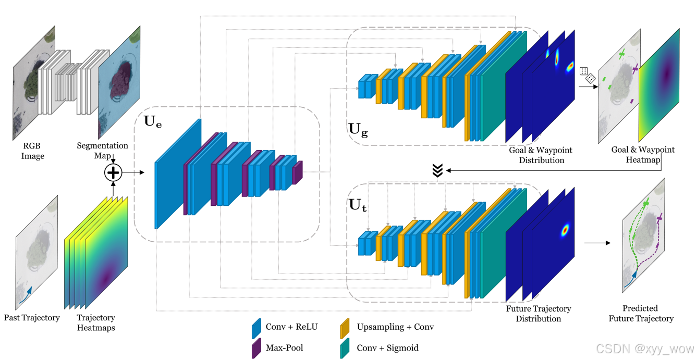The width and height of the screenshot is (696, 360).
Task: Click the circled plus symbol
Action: pos(113,172)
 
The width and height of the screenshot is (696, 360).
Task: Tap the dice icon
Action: pos(588,75)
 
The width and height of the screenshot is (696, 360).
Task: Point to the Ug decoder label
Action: pos(358,130)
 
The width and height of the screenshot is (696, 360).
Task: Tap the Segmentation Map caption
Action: pos(102,151)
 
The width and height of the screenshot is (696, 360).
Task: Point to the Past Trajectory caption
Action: pos(32,318)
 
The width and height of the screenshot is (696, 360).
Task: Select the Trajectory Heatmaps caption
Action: pos(96,322)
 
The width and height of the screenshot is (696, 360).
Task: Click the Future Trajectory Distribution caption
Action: pos(539,314)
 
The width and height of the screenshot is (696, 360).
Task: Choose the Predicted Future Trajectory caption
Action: pos(641,313)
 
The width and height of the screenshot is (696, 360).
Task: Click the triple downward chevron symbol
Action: pos(437,170)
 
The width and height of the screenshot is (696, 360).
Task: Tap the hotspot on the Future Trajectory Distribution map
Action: pos(565,230)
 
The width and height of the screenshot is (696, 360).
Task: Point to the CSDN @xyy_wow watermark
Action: pos(645,349)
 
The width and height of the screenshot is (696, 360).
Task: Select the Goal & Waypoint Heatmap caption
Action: pos(643,155)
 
